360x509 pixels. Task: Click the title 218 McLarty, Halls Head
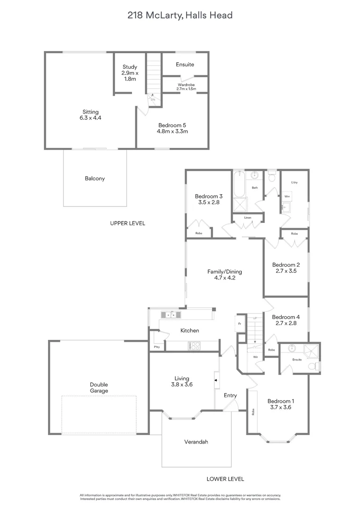(x=180, y=15)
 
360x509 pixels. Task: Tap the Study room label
(x=130, y=73)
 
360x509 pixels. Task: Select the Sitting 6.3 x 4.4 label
(x=90, y=115)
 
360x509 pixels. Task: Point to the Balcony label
(x=95, y=179)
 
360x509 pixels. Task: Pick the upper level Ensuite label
(x=185, y=64)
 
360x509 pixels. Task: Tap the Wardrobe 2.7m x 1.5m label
(x=186, y=87)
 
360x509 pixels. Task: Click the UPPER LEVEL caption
(x=128, y=223)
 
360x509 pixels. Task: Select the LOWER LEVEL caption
(x=225, y=479)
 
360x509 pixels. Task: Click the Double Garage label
(x=99, y=387)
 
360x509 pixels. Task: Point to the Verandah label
(x=196, y=442)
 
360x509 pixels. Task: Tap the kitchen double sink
(x=171, y=314)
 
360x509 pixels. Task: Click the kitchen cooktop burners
(x=194, y=346)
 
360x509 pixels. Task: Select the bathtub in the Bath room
(x=239, y=184)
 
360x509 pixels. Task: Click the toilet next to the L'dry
(x=272, y=176)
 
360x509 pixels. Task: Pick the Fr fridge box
(x=240, y=324)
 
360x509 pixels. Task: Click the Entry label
(x=230, y=395)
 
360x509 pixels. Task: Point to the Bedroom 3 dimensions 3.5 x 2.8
(x=209, y=202)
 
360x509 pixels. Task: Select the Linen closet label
(x=248, y=217)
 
